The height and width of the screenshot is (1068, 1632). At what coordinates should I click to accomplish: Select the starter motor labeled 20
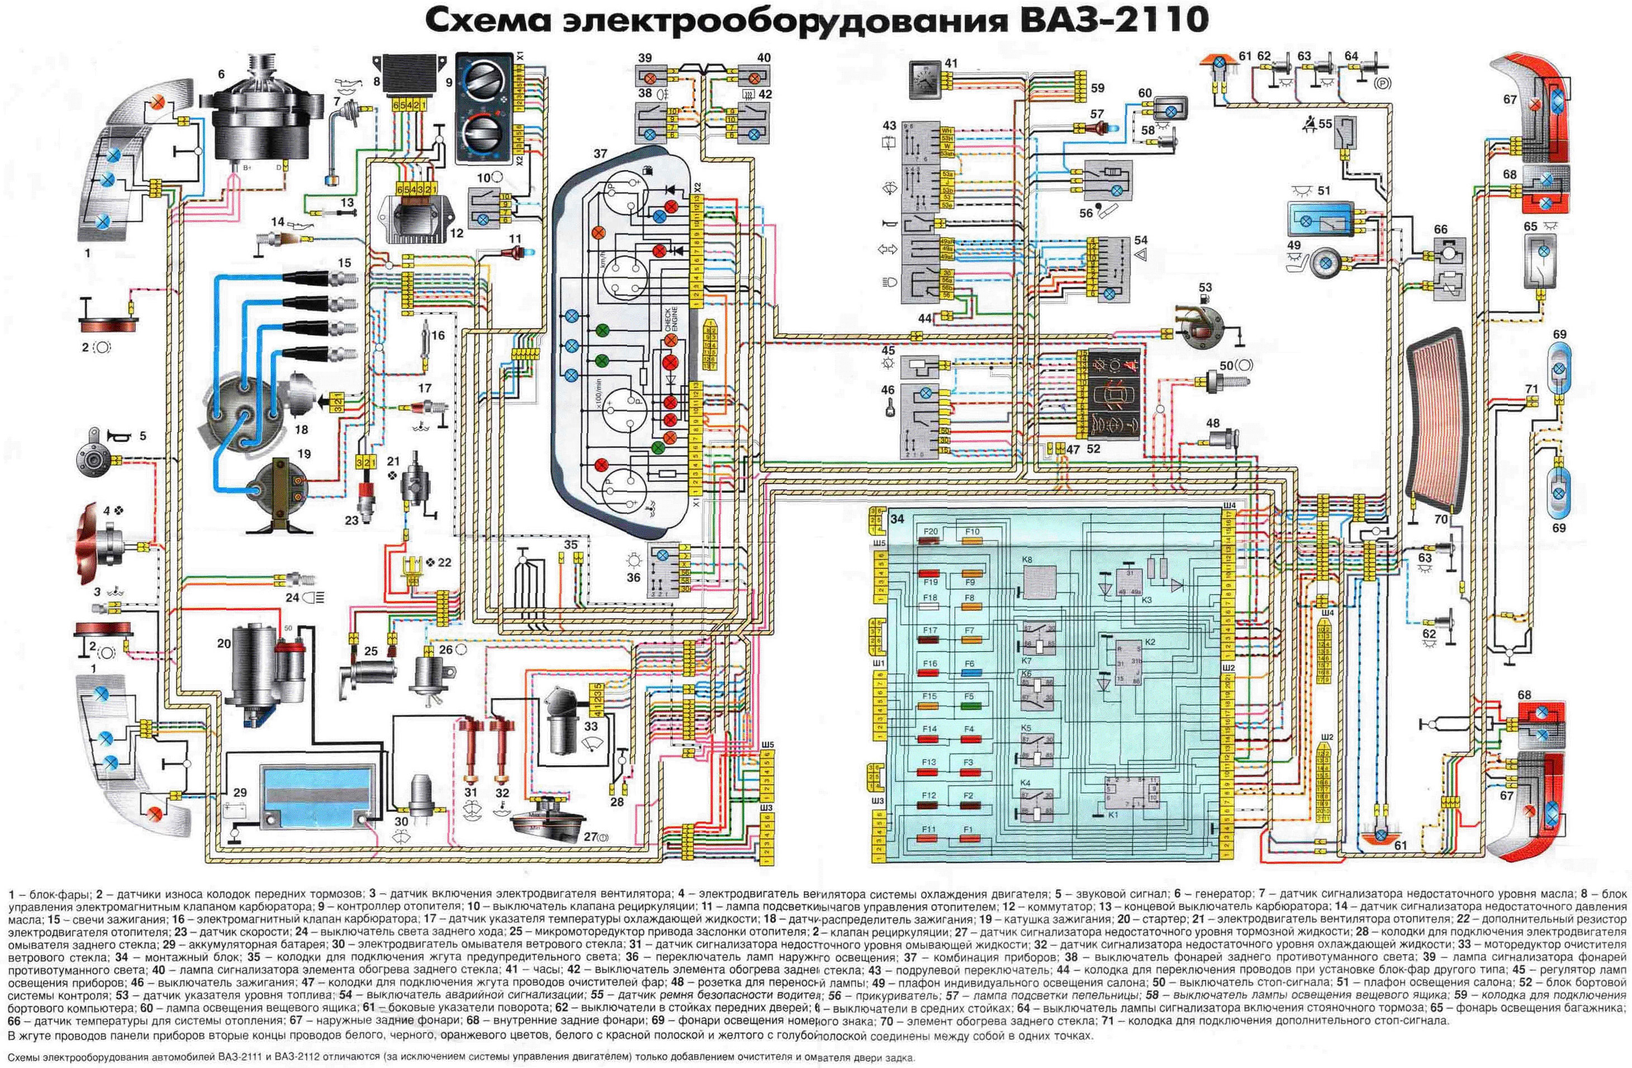(x=264, y=665)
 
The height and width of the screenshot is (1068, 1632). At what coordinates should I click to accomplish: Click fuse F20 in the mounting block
(x=931, y=542)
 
